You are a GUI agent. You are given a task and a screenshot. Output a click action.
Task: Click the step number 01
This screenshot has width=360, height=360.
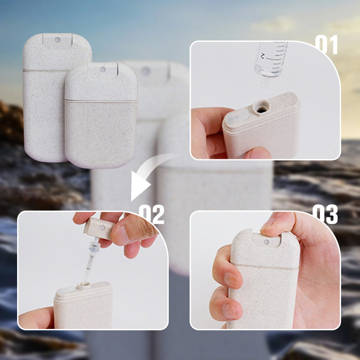326,45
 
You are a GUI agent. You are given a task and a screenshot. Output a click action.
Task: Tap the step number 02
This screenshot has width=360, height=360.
152,214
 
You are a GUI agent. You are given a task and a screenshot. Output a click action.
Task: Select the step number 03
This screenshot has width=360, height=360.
325,214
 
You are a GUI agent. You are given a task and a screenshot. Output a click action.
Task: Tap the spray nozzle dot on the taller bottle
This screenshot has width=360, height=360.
58,40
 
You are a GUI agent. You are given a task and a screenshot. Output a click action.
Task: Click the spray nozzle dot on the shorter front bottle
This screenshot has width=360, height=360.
103,69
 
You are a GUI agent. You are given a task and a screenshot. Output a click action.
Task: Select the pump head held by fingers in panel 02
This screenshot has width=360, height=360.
99,228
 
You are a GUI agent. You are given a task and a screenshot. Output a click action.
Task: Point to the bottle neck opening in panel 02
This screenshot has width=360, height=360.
83,285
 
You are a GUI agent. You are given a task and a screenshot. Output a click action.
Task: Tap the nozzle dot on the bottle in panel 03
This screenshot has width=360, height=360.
266,242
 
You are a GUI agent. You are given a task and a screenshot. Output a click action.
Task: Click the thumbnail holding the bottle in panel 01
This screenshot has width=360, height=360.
257,153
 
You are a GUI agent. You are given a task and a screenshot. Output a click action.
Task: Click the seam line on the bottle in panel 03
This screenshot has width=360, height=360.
266,266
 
